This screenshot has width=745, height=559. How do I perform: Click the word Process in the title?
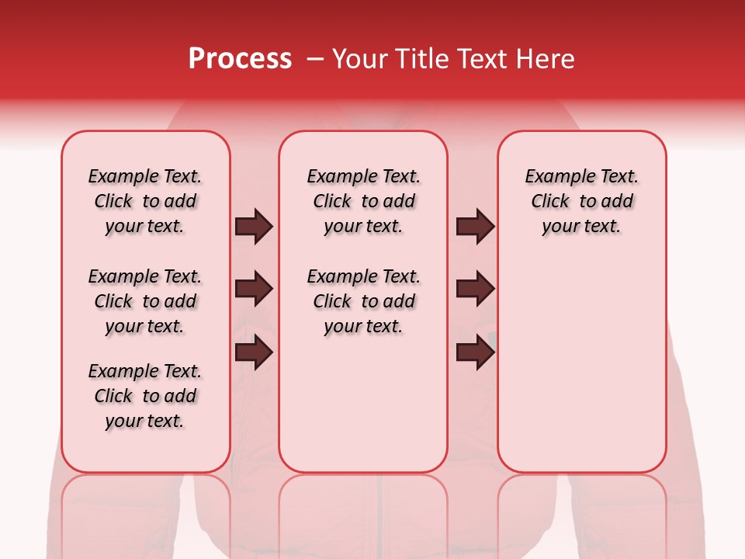point(240,59)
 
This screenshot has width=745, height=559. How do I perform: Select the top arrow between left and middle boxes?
point(254,227)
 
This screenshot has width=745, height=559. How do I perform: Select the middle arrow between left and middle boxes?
point(254,290)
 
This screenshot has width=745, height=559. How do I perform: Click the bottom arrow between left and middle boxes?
point(254,352)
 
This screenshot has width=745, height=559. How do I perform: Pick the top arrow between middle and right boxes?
point(475,227)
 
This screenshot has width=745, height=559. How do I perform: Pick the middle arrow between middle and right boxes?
point(475,290)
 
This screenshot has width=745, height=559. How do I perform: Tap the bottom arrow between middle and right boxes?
point(475,352)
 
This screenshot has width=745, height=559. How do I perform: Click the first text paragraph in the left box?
point(145,201)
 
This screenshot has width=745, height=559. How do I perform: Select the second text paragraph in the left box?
point(145,301)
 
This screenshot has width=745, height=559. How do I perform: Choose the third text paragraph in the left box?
point(145,396)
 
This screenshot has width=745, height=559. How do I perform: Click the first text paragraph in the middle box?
point(363,201)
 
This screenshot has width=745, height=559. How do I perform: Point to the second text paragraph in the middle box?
point(363,301)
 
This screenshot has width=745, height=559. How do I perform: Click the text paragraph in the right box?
point(581,201)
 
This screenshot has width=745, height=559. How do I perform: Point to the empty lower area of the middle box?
point(363,404)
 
